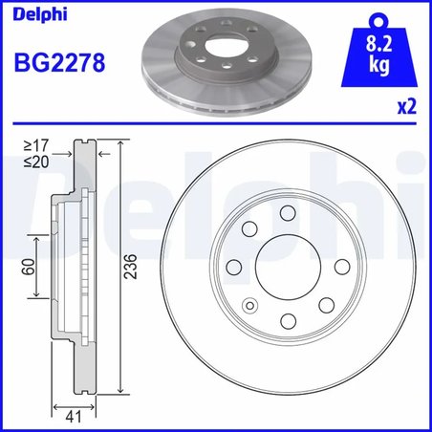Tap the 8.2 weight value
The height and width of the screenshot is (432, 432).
pos(378,42)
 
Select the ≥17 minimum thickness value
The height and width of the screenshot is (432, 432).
pos(33,146)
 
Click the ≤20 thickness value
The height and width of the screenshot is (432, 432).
pos(33,162)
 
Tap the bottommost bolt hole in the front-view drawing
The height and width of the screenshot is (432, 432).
pos(287,320)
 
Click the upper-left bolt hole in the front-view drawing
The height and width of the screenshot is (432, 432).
pos(251,228)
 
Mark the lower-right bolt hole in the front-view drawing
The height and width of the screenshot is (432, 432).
pos(326,305)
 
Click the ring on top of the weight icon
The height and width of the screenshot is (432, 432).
pos(378,17)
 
